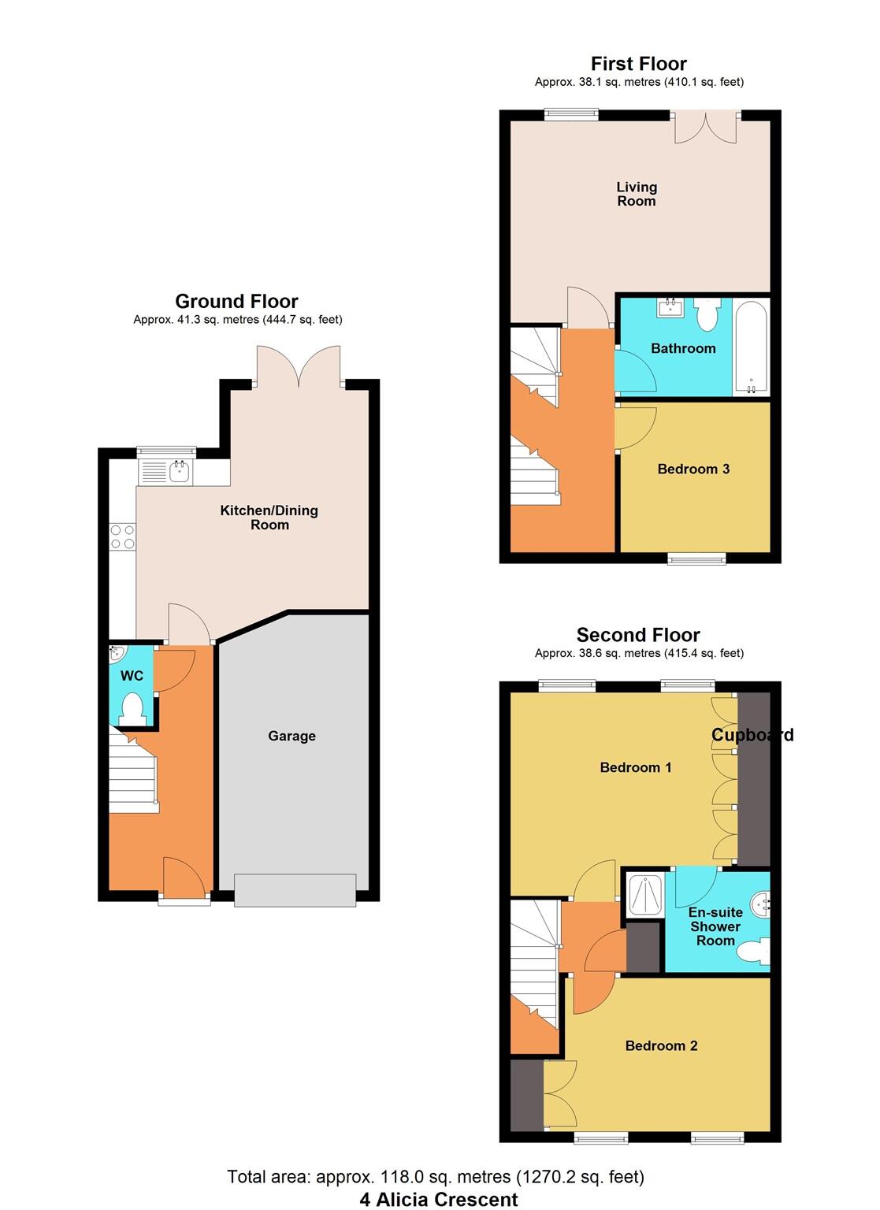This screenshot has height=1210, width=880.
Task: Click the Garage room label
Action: [291, 736]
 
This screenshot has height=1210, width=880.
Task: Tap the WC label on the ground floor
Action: [132, 676]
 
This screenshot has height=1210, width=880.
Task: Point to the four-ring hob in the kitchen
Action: [122, 536]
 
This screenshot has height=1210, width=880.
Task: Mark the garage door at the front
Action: [295, 890]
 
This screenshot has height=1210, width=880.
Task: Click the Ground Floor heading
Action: [236, 301]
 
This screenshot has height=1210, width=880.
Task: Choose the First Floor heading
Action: [638, 64]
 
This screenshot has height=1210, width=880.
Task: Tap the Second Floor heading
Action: [638, 635]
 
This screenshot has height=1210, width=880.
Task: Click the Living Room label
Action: [637, 194]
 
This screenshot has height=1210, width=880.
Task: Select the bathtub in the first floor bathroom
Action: [751, 347]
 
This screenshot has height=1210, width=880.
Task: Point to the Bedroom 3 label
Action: [693, 470]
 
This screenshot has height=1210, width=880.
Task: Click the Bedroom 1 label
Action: [636, 767]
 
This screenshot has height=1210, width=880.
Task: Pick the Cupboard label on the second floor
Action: [752, 735]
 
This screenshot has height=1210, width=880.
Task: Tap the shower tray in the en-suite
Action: [644, 894]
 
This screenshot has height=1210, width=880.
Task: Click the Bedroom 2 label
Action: [661, 1046]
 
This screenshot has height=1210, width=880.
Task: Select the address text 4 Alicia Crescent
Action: [439, 1200]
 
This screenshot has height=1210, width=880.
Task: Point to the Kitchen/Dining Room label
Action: [269, 518]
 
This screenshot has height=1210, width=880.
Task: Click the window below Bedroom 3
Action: [696, 559]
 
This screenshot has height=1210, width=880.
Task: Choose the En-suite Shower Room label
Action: [715, 926]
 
